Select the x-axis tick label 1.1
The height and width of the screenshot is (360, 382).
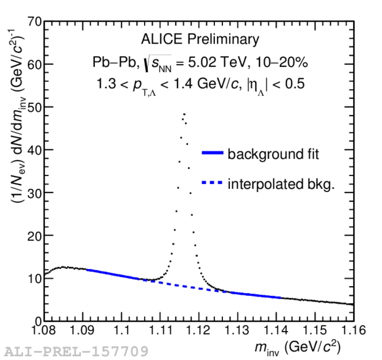(122, 332)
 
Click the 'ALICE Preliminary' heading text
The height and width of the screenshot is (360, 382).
(200, 41)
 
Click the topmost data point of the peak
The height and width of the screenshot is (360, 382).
(184, 113)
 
